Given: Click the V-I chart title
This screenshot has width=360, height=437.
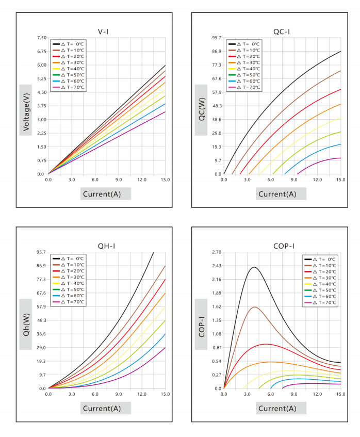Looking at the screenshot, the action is click(103, 31).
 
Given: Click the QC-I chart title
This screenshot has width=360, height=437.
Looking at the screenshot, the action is click(282, 31).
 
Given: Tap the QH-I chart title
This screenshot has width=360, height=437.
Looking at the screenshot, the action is click(106, 246).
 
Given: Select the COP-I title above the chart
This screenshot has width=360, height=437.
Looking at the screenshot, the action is click(284, 246).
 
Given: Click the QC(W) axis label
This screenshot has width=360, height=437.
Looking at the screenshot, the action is click(202, 109).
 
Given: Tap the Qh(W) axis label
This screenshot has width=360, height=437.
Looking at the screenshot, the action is click(26, 325).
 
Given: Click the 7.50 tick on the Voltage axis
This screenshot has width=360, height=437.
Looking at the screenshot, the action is click(42, 38).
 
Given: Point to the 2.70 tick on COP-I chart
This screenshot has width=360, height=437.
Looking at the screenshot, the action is click(217, 252).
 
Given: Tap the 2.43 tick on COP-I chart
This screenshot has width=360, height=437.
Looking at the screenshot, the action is click(217, 266).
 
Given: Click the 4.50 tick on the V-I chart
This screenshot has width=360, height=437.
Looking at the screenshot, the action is click(42, 92).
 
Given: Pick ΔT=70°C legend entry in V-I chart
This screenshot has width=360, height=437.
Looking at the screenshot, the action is click(68, 87).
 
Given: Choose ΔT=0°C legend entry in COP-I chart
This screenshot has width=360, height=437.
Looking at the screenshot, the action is click(320, 259).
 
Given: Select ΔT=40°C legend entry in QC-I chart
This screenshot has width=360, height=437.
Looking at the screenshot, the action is click(244, 69).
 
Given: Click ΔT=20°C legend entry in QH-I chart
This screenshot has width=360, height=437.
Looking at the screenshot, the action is click(68, 271).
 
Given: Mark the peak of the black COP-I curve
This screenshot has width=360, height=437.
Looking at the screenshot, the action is click(254, 267).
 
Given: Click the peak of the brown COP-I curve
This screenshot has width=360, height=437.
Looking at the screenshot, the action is click(254, 307).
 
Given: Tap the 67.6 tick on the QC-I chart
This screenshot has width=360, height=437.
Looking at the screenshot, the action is click(217, 78).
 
